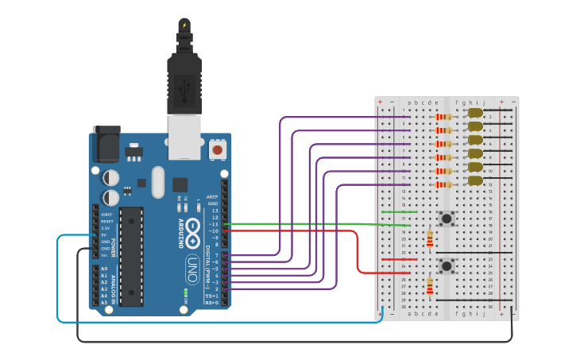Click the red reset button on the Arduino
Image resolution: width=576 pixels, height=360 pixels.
pos(217,149)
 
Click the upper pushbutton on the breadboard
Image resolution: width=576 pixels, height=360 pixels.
pos(446,218)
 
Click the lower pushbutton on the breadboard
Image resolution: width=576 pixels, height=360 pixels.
pos(446,265)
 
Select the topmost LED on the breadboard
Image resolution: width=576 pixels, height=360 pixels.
pos(475,114)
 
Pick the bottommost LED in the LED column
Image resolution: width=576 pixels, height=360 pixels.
pos(475,181)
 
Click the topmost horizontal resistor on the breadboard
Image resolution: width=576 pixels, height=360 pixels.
pos(443,117)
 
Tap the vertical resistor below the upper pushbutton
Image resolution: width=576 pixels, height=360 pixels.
pos(430,238)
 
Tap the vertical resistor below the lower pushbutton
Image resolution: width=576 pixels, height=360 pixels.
pos(430,285)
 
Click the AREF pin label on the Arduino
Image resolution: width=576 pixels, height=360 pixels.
pos(212,196)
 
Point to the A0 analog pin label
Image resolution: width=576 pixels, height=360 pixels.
pos(104,269)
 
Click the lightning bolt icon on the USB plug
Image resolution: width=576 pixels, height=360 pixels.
pos(184,25)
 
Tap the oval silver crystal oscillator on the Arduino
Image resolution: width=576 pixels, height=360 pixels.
pos(157,182)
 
